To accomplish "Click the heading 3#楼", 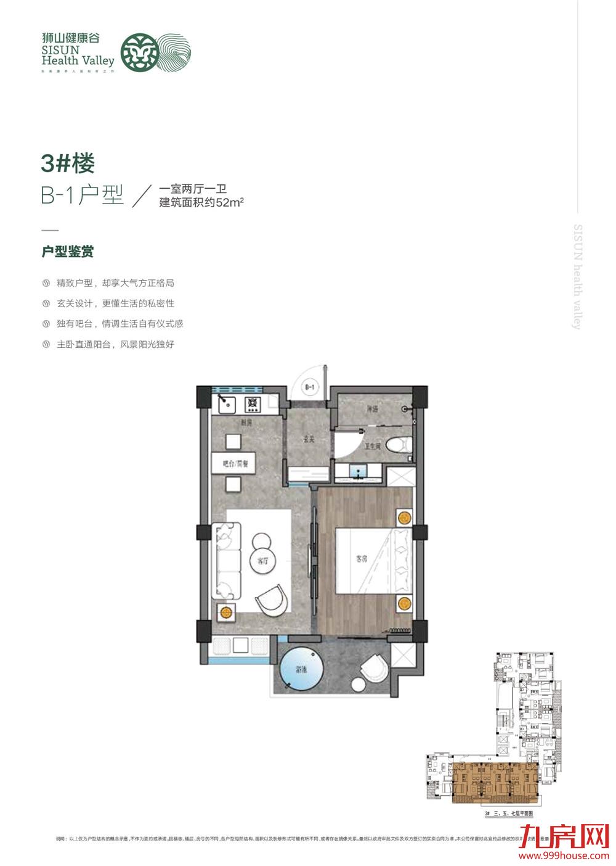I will tap(67, 164).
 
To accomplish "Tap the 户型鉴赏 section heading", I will tap(67, 252).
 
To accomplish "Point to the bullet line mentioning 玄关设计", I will tap(115, 303).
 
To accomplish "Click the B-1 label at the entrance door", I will tap(309, 387).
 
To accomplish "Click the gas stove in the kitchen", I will tap(253, 405).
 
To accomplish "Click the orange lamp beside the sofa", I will tap(225, 612).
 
